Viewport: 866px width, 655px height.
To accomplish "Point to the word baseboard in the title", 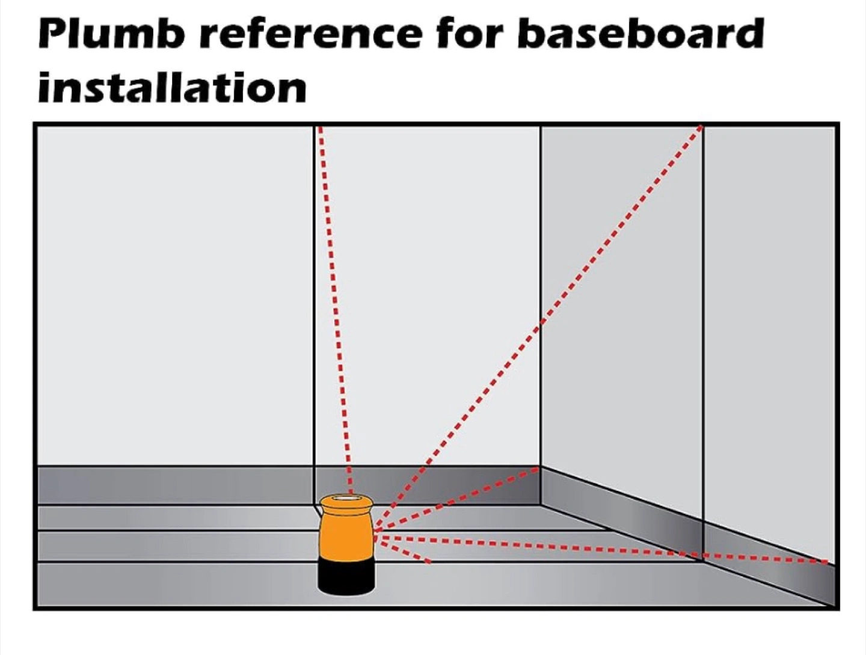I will pos(640,34).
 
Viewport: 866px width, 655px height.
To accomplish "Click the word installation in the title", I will pos(172,88).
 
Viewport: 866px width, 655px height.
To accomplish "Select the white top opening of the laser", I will pos(346,499).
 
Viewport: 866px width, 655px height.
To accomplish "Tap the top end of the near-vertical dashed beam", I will pos(320,128).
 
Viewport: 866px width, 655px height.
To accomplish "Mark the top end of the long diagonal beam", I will pos(701,128).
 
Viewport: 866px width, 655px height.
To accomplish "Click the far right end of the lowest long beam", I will pos(827,562).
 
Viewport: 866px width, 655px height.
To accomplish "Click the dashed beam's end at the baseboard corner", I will pos(538,470).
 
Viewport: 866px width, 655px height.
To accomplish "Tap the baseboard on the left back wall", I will pos(174,485).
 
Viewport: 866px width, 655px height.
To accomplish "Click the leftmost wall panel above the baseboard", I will pos(174,295).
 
